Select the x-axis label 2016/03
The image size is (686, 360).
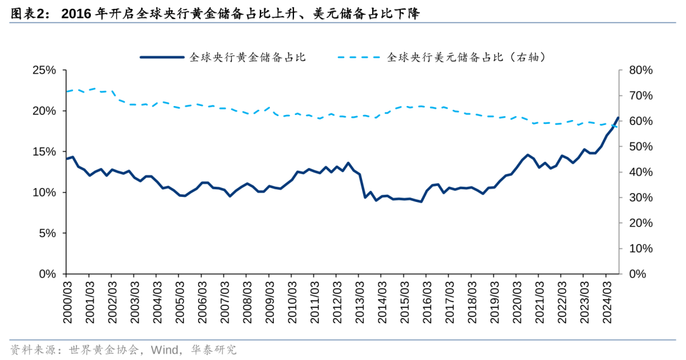(x=426, y=303)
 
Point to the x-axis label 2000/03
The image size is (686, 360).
(x=67, y=303)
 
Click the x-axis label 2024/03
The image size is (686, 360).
(x=607, y=303)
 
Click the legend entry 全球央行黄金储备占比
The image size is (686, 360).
(x=248, y=57)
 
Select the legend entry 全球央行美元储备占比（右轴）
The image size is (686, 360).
(x=467, y=57)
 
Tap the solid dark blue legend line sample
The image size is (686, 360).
(x=162, y=57)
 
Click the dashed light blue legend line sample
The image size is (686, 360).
(x=359, y=57)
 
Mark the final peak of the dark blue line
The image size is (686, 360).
(x=618, y=117)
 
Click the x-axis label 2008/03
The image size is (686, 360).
(x=246, y=303)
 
